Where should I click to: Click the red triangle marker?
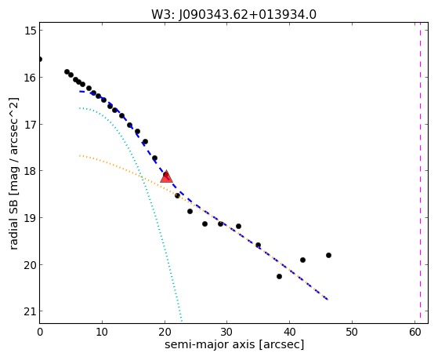coord(166,176)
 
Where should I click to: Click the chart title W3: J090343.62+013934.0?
coord(233,15)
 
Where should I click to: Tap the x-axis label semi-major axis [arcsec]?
coord(234,344)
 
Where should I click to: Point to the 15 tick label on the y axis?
coord(31,31)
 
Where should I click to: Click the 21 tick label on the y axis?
coord(31,311)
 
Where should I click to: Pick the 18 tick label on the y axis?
coord(31,171)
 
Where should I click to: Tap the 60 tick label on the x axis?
coord(414,332)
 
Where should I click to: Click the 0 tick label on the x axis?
coord(40,332)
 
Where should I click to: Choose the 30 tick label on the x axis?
coord(227,332)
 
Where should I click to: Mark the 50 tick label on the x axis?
coord(352,332)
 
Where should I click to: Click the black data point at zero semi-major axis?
coord(40,60)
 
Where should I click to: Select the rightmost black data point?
coord(328,255)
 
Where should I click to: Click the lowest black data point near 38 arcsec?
coord(279,276)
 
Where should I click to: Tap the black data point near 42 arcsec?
coord(302,260)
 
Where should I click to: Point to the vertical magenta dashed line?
coord(421,173)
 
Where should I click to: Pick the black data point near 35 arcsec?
coord(258,245)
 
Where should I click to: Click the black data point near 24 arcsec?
coord(190,211)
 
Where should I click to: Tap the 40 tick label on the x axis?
coord(290,332)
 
